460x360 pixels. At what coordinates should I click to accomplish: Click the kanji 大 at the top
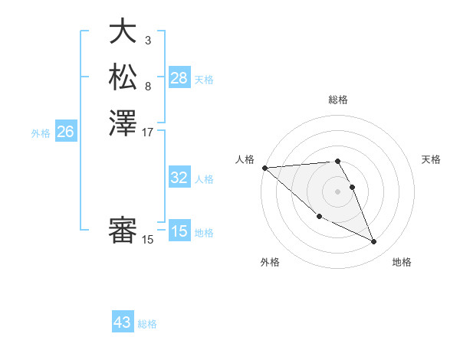(123, 31)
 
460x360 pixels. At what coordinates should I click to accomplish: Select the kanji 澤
(123, 123)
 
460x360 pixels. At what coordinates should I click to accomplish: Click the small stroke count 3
(147, 40)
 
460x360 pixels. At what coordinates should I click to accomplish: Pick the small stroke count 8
(147, 86)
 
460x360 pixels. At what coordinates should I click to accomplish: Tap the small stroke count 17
(148, 132)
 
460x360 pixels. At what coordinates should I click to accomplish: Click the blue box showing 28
(179, 78)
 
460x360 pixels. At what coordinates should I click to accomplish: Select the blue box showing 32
(179, 178)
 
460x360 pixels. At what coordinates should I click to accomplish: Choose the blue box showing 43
(123, 322)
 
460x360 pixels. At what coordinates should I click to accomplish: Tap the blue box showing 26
(65, 132)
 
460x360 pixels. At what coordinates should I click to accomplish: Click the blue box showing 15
(179, 231)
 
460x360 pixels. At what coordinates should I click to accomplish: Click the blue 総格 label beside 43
(147, 324)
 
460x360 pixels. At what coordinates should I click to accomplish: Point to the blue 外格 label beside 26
(41, 133)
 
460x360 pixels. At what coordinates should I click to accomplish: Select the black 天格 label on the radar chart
(431, 159)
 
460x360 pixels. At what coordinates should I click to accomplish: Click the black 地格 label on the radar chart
(402, 262)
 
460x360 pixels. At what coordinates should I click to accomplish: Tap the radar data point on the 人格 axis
(264, 168)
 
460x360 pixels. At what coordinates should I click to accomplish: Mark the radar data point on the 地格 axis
(374, 242)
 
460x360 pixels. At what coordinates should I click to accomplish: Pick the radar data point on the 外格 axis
(319, 216)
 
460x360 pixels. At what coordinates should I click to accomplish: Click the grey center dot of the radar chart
(337, 191)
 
